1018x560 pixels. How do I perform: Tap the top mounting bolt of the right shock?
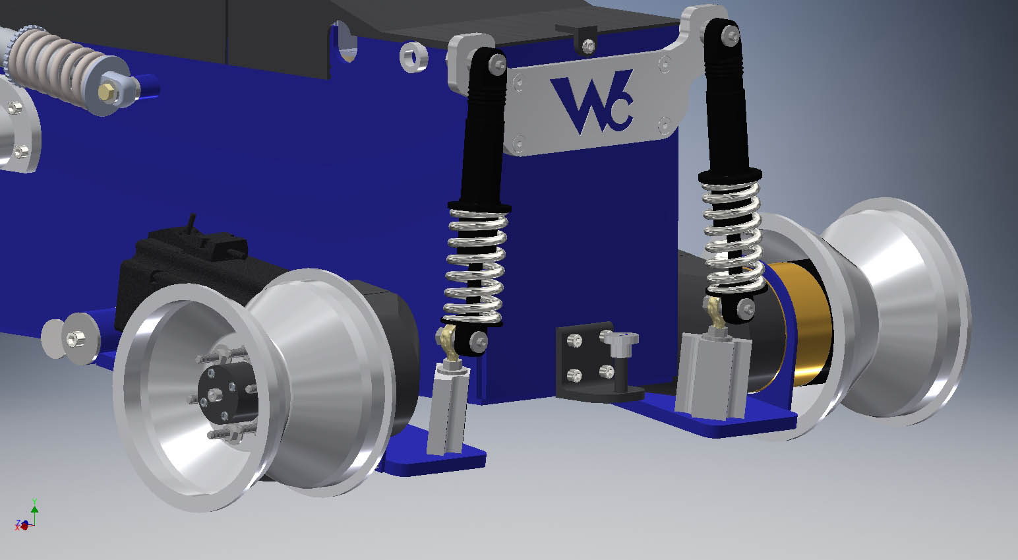[730, 35]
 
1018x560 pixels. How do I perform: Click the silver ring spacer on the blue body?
[413, 57]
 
